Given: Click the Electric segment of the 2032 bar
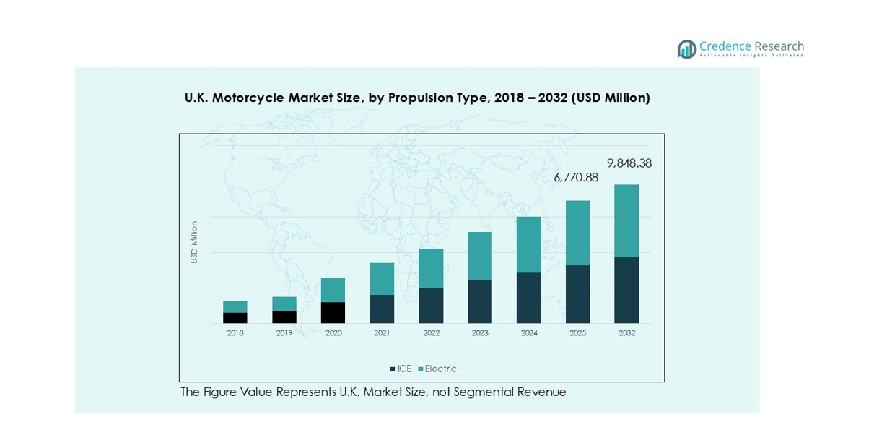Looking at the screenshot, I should click(626, 220).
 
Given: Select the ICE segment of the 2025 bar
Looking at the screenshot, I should click(577, 294).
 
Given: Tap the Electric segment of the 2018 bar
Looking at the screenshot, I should click(235, 306).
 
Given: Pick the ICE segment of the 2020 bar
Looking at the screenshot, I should click(333, 312).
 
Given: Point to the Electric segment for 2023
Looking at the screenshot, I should click(480, 256).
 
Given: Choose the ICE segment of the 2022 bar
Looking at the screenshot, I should click(431, 305).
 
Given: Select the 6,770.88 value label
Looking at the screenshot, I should click(576, 177).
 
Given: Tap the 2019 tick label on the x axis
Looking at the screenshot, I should click(284, 333).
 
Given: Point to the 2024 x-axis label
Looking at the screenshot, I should click(528, 333).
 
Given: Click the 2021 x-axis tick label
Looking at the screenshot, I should click(382, 333).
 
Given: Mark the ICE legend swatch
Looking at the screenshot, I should click(392, 369).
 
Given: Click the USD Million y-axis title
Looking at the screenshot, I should click(194, 242).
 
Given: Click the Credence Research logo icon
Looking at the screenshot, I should click(686, 49).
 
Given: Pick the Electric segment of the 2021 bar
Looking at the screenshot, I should click(382, 278).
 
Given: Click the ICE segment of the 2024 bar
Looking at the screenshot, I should click(528, 298).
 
